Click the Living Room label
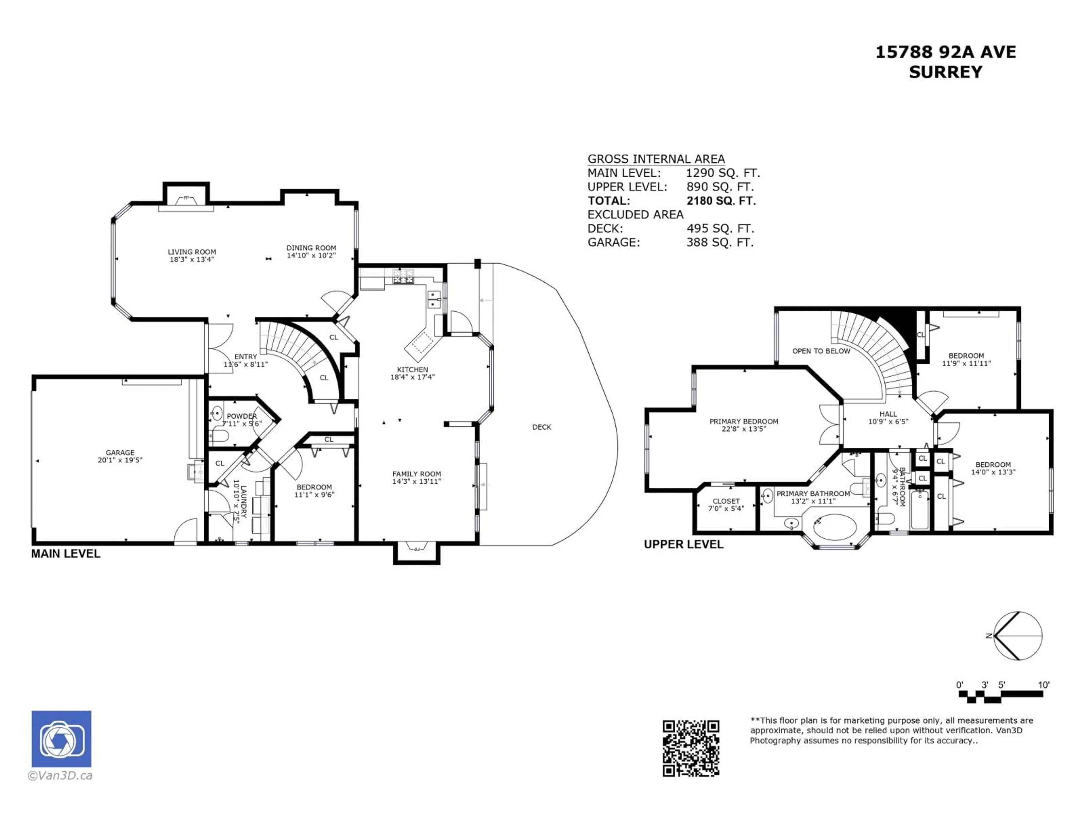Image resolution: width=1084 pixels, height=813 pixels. pyautogui.click(x=192, y=252)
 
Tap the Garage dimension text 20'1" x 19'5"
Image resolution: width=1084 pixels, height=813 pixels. pyautogui.click(x=120, y=460)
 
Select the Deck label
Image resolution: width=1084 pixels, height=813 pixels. pyautogui.click(x=541, y=427)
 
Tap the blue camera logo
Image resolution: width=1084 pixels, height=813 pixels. pyautogui.click(x=61, y=738)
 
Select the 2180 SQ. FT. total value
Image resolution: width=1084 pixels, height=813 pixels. pyautogui.click(x=721, y=200)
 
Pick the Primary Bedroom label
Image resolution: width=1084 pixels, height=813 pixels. pyautogui.click(x=743, y=421)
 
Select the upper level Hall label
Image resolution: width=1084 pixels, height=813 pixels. pyautogui.click(x=888, y=414)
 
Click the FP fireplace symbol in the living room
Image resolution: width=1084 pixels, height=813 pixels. pyautogui.click(x=186, y=198)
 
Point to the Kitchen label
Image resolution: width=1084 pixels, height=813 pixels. pyautogui.click(x=412, y=370)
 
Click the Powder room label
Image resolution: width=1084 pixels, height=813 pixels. pyautogui.click(x=242, y=416)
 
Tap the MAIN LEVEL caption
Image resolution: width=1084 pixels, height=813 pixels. pyautogui.click(x=66, y=554)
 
